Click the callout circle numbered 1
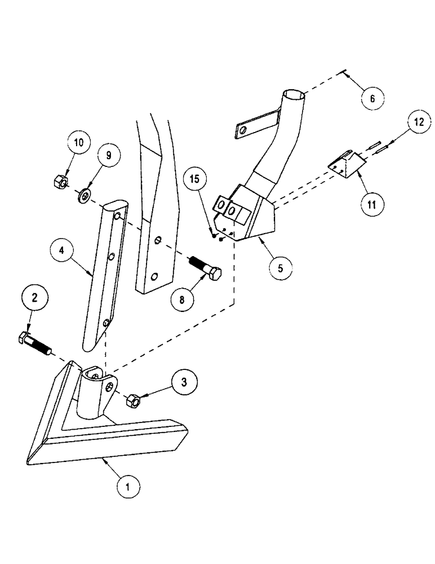point(128,485)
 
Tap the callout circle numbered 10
point(78,142)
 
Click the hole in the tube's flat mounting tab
point(242,131)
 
